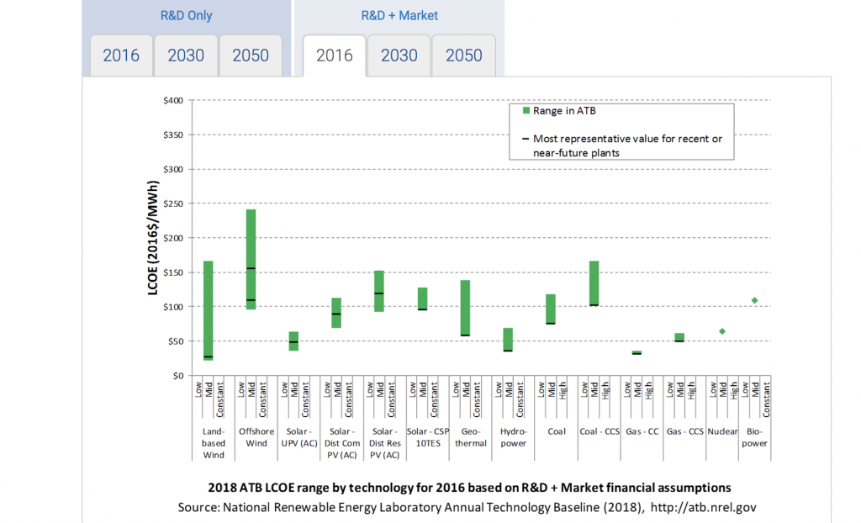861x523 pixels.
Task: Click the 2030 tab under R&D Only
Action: (x=186, y=55)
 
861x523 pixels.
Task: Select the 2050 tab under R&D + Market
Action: (x=463, y=55)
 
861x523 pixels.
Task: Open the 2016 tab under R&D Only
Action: (x=121, y=55)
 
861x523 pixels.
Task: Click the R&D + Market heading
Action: (x=399, y=15)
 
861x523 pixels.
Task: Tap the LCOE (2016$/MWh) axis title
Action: (x=153, y=238)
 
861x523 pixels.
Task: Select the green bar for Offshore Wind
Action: (x=251, y=259)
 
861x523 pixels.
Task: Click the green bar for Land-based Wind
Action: (x=208, y=310)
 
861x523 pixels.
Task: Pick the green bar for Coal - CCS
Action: (x=594, y=283)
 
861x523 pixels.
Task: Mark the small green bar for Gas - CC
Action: (x=637, y=352)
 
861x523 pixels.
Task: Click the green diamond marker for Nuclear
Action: (x=721, y=331)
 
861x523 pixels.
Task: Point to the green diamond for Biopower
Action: (x=755, y=300)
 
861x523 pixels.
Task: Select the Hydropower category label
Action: (x=513, y=437)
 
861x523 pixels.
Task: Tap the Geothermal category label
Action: (x=470, y=437)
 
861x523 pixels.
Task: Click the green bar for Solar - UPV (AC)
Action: (x=293, y=341)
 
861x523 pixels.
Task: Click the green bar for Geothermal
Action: (x=465, y=308)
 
